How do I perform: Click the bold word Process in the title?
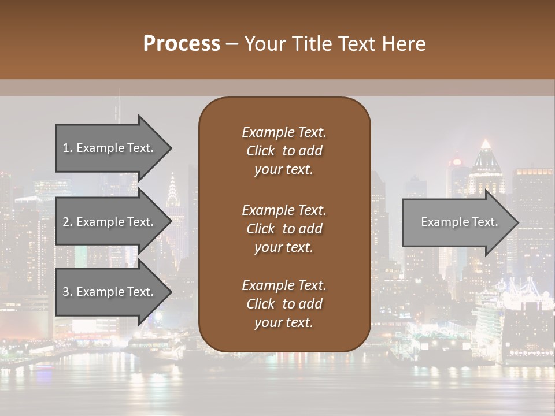tap(182, 44)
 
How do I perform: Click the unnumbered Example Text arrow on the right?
tap(459, 222)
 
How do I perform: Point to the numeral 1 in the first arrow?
tap(66, 148)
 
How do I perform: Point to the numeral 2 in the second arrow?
tap(66, 222)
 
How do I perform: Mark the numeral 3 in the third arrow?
tap(66, 292)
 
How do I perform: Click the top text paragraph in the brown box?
tap(284, 151)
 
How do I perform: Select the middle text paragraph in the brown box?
tap(284, 229)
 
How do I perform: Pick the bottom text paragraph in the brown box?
tap(284, 304)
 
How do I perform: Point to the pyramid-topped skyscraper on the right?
tap(486, 153)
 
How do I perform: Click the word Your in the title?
tap(264, 44)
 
